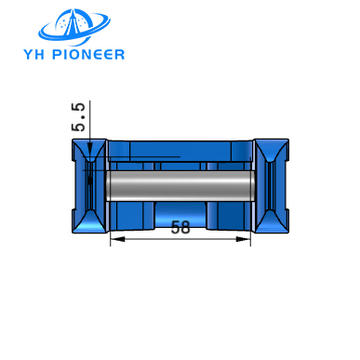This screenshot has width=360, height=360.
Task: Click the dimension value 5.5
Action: pos(79,118)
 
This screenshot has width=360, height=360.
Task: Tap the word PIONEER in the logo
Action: pos(88,53)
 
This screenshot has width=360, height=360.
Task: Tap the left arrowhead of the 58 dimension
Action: pos(114,240)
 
